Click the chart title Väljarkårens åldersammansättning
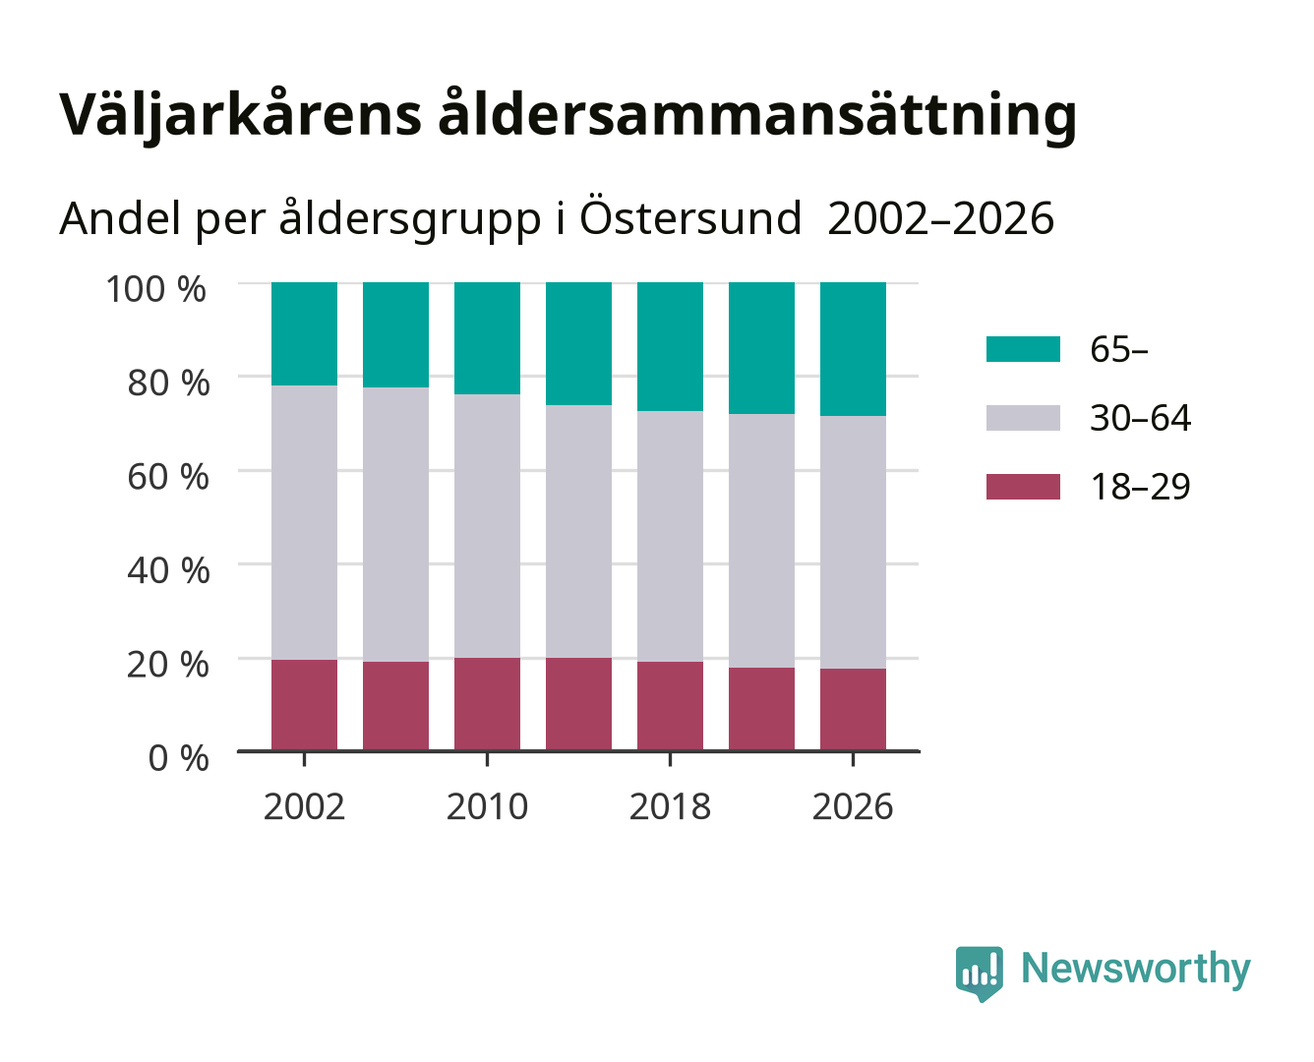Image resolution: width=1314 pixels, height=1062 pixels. [567, 116]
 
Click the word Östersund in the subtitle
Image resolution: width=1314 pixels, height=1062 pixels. [689, 218]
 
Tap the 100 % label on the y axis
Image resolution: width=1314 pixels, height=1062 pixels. [155, 289]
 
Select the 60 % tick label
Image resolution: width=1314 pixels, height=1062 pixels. [168, 477]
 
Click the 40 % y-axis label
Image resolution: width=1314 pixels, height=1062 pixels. [168, 570]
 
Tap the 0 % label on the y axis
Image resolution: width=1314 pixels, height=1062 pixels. [178, 758]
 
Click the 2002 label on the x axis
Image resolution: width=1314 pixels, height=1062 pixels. [304, 806]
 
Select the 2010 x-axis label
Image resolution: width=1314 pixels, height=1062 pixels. [488, 806]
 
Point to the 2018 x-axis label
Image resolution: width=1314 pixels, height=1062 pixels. [670, 806]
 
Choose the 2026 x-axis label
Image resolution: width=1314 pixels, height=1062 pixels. [853, 806]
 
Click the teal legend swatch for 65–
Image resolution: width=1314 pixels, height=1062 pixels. [1023, 349]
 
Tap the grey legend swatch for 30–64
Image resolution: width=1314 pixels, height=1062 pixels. [1023, 418]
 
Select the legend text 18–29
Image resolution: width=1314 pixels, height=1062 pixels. [1140, 487]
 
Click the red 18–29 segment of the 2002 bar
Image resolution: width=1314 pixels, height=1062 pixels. [304, 705]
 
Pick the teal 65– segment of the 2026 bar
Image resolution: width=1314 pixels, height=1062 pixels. [853, 349]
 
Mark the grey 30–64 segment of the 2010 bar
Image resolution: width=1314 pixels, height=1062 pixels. [488, 526]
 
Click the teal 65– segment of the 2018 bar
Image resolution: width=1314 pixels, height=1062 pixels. [670, 346]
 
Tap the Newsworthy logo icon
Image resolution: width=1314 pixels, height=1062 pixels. [979, 973]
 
